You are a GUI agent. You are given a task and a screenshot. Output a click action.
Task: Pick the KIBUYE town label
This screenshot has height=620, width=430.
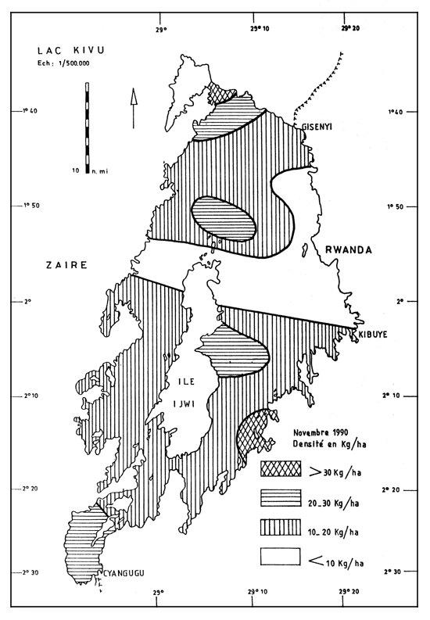coord(374,334)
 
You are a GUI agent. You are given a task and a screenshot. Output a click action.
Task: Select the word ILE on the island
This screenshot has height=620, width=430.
coord(181,383)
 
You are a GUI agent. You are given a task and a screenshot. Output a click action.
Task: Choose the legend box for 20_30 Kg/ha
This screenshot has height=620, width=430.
coord(281,498)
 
